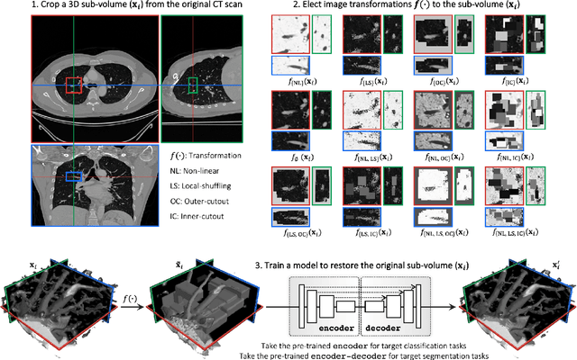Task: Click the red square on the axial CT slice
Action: pyautogui.click(x=73, y=85)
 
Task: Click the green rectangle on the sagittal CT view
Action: pyautogui.click(x=192, y=84)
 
